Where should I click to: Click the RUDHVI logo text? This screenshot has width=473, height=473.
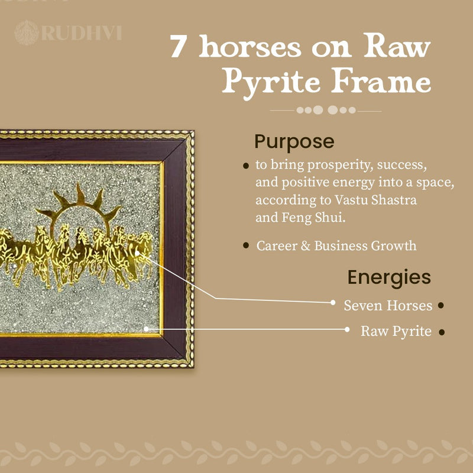click(81, 31)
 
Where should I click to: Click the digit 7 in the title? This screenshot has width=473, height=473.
click(177, 47)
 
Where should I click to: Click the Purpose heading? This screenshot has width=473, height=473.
click(294, 142)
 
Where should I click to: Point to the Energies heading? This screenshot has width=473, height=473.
click(389, 277)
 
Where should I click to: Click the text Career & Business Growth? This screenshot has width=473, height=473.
click(336, 246)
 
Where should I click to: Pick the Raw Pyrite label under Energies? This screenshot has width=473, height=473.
click(396, 331)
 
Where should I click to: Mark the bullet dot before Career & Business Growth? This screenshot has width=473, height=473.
click(246, 245)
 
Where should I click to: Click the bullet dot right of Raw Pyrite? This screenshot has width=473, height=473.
click(441, 332)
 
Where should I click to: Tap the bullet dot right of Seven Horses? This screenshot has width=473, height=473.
click(440, 306)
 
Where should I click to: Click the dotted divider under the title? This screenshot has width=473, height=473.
click(326, 110)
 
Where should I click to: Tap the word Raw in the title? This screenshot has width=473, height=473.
click(391, 47)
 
